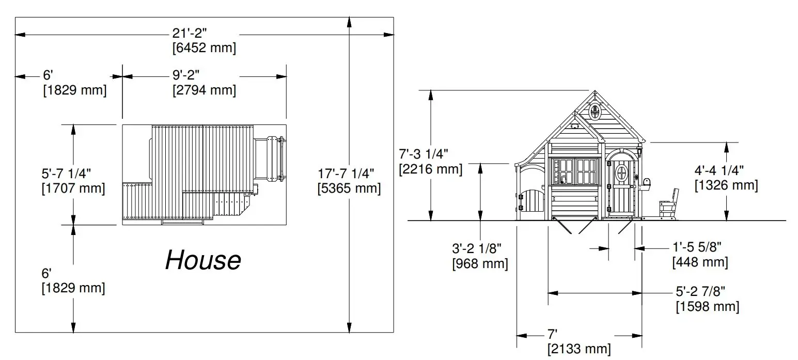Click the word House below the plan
[x=203, y=260]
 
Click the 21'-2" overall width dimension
[x=189, y=33]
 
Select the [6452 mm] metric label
[x=204, y=48]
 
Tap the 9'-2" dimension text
[x=186, y=75]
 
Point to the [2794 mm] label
[x=204, y=90]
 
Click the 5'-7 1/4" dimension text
[x=66, y=174]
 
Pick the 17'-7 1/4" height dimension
[x=346, y=174]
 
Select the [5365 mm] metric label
[x=349, y=189]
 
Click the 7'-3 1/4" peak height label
[x=424, y=154]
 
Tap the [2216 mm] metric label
[x=430, y=169]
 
